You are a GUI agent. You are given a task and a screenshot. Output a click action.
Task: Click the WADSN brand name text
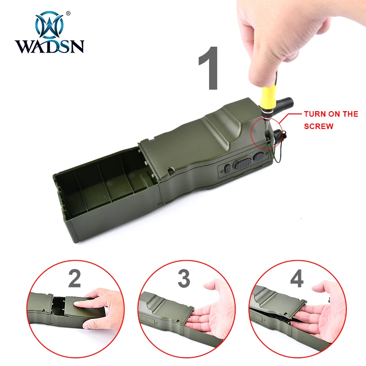point(49,46)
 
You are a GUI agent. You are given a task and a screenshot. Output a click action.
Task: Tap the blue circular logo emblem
point(49,25)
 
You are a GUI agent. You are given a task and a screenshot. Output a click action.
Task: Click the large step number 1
point(209,68)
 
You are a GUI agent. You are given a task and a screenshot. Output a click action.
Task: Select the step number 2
point(75,279)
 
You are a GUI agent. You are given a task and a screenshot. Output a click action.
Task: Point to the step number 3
point(184,279)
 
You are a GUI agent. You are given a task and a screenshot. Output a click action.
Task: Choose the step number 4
point(297,279)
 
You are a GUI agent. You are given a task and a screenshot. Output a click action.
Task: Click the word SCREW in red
point(318,126)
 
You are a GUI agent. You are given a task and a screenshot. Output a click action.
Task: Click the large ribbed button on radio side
point(243,164)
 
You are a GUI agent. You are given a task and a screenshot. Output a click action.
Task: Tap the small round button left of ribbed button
point(227,168)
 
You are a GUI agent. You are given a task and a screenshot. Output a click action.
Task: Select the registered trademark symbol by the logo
point(68,13)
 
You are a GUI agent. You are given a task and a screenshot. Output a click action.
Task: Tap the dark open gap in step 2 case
point(59,305)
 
